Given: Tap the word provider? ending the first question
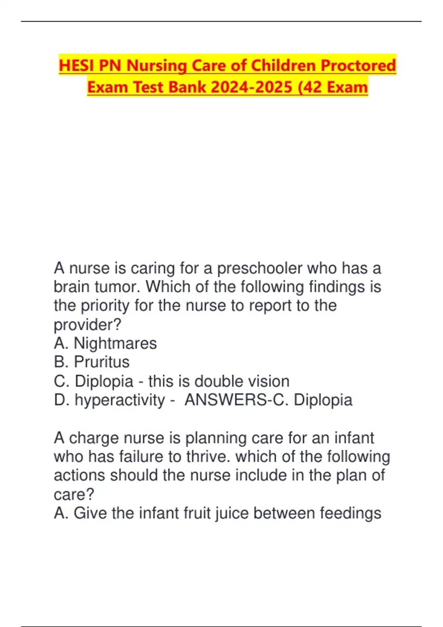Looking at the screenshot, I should point(87,325).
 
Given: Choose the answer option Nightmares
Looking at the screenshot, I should point(115,343).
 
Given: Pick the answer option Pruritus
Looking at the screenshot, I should point(102,362).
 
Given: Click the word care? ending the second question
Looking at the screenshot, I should point(74,495).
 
